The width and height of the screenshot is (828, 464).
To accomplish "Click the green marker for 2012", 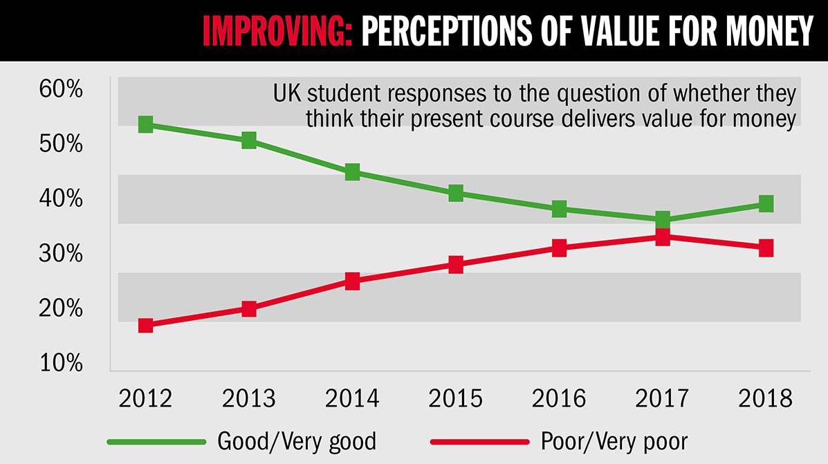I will [x=145, y=124].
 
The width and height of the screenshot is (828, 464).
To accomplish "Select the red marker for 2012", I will [x=145, y=325].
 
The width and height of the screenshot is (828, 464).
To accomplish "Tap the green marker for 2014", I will [x=352, y=171].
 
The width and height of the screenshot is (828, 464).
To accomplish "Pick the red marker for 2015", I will [x=455, y=264].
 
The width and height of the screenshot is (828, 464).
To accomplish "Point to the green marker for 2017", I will [x=662, y=220].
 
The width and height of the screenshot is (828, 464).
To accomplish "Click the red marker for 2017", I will [x=662, y=237].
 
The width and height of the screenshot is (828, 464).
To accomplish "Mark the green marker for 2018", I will [x=765, y=203].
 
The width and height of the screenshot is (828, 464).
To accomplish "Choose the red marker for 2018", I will [x=765, y=248].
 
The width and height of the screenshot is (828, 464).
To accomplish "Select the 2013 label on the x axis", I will [x=249, y=398].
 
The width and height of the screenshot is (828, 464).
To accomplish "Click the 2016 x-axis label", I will [x=559, y=398].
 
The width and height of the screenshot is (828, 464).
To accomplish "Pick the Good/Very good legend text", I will [x=297, y=440].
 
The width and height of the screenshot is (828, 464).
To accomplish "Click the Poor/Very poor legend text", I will [x=616, y=440].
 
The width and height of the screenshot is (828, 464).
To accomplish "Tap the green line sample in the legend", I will [x=157, y=441].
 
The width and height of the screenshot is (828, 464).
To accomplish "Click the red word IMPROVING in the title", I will [x=277, y=31].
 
